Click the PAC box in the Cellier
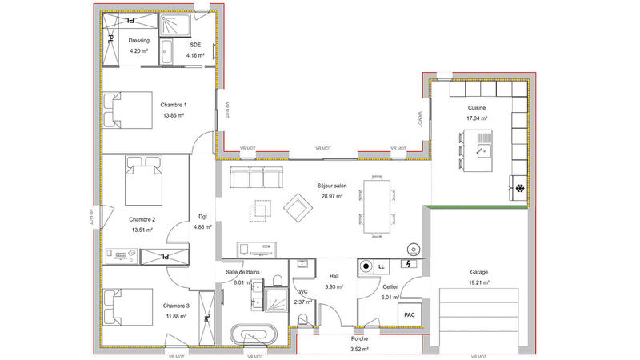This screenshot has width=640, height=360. [410, 314]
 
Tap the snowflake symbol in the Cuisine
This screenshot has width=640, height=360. [518, 189]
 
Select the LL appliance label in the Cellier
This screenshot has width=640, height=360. [381, 265]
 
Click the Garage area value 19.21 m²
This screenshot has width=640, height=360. [479, 282]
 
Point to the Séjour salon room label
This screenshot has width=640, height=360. [330, 185]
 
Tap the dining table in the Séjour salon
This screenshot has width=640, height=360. [377, 206]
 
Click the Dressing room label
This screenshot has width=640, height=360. [139, 41]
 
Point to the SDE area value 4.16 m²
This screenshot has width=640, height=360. [196, 55]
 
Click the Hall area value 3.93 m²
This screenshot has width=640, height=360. [334, 286]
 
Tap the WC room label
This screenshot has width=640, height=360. [303, 291]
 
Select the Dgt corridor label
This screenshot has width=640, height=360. [203, 216]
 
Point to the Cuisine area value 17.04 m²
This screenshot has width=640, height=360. [477, 118]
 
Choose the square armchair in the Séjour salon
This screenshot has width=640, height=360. [297, 207]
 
